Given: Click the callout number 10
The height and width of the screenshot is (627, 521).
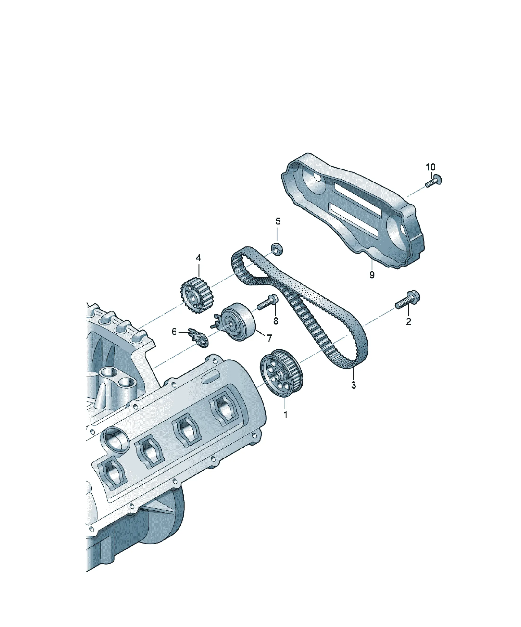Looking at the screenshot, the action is click(x=430, y=167).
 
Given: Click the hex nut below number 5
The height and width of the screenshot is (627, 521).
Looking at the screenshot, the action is click(x=277, y=248).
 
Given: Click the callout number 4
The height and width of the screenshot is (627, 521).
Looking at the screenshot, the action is click(x=198, y=258).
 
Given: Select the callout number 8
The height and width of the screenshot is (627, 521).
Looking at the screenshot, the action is click(x=275, y=321).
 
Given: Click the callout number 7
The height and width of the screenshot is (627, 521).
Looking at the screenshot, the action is click(x=269, y=338).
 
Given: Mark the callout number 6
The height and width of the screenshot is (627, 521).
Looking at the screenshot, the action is click(x=174, y=332).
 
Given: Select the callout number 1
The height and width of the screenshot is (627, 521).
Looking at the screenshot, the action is click(x=285, y=415).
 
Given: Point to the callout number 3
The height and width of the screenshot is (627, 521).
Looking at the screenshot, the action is click(x=354, y=385).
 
